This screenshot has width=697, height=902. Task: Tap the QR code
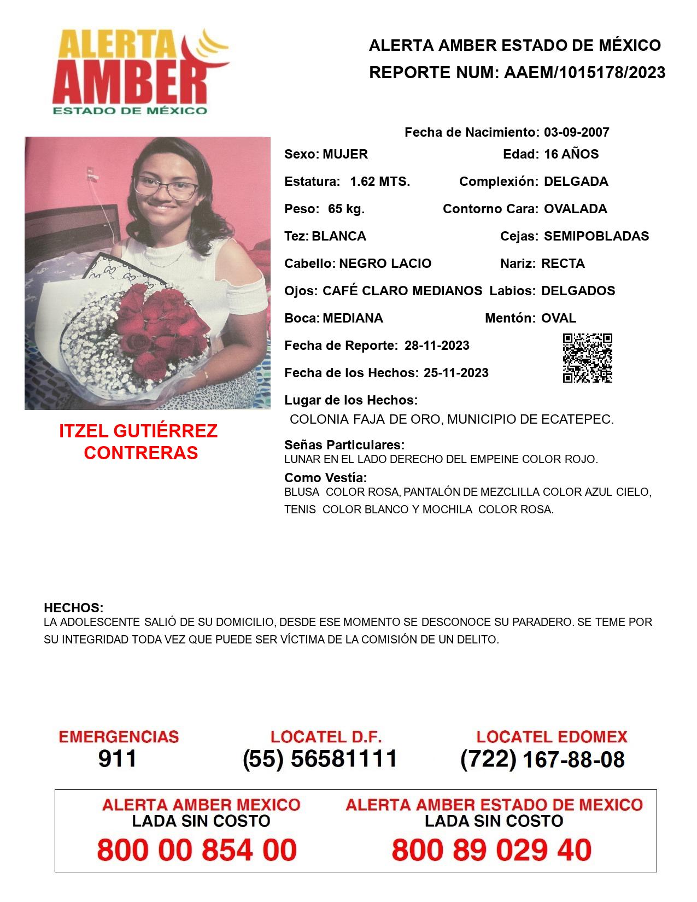pos(587,358)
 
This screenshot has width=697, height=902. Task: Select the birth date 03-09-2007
pos(576,132)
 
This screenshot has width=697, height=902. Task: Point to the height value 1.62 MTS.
pos(380,181)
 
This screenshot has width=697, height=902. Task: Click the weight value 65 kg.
pos(346,209)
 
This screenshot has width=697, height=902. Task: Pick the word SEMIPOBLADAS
pos(596,236)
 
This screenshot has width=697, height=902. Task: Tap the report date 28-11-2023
pos(437,345)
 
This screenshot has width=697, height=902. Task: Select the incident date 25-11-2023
pos(456,373)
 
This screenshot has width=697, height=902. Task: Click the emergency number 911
pos(117,759)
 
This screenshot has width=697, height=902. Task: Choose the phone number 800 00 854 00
pos(197,850)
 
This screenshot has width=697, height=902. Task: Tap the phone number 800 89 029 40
pos(491,850)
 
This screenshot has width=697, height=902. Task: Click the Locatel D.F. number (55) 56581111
pos(320,759)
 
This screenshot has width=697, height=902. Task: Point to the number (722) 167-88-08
pos(542,759)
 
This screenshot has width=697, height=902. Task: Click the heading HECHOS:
pos(73,608)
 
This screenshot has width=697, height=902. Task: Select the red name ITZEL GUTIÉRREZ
pos(138,431)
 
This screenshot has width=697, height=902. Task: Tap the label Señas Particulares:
pos(344,445)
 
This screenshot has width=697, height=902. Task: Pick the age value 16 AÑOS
pos(571,154)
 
